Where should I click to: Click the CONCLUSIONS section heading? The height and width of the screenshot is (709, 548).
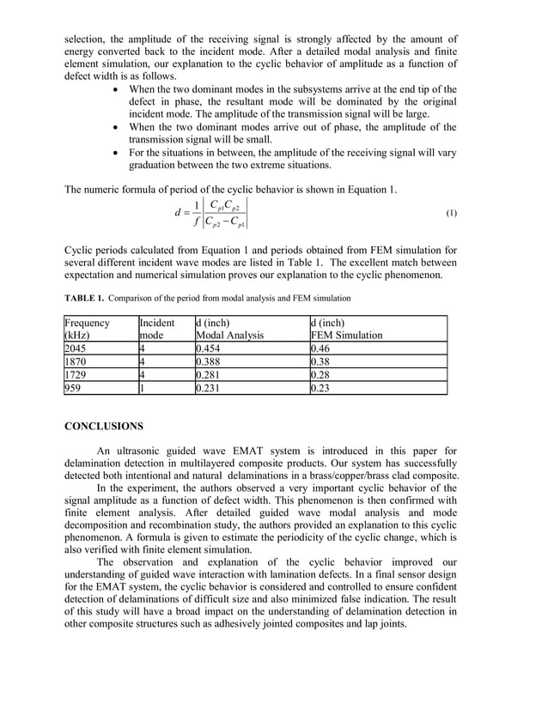coord(104,426)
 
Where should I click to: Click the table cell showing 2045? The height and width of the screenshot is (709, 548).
coord(76,349)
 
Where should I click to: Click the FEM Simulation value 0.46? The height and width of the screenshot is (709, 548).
coord(320,349)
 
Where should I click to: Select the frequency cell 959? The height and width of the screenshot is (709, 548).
coord(74,388)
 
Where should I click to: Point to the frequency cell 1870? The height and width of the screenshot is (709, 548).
coord(76,362)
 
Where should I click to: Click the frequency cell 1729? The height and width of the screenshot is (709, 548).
coord(76,375)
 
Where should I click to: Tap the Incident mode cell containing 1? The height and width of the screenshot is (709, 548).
coord(143,388)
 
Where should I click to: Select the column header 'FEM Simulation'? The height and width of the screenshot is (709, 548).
coord(346,336)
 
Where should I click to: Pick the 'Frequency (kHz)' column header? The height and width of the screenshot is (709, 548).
coord(87,329)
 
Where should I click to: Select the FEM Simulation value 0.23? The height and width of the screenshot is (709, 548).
coord(320,388)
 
